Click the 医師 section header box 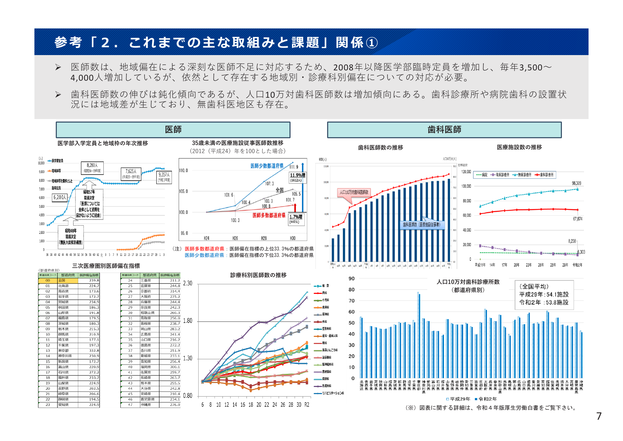pyautogui.click(x=173, y=130)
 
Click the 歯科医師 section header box pyautogui.click(x=444, y=130)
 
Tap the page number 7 pyautogui.click(x=599, y=416)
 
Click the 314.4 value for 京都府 pyautogui.click(x=175, y=291)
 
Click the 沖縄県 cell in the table pyautogui.click(x=149, y=404)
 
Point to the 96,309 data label pyautogui.click(x=576, y=183)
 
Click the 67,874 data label pyautogui.click(x=578, y=219)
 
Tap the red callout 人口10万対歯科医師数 pyautogui.click(x=354, y=192)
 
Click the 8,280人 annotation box pyautogui.click(x=92, y=167)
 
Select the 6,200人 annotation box pyautogui.click(x=60, y=197)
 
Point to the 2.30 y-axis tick pyautogui.click(x=188, y=283)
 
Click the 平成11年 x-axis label pyautogui.click(x=480, y=265)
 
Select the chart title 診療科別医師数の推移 pyautogui.click(x=258, y=275)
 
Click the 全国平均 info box pyautogui.click(x=543, y=294)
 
